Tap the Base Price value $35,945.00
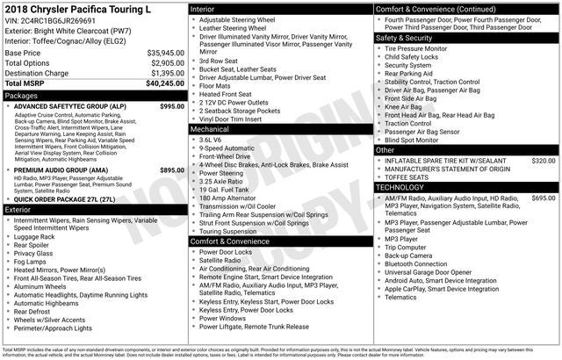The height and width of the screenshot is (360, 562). [165, 54]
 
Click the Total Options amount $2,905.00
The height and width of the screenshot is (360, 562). [167, 63]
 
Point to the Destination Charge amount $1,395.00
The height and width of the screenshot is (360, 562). [167, 73]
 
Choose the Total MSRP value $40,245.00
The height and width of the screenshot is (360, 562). [165, 83]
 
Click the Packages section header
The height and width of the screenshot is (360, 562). [22, 95]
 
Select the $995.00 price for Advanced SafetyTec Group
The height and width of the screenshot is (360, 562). [172, 106]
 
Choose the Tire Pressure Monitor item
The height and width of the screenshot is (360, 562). [421, 48]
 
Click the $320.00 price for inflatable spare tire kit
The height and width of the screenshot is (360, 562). [544, 162]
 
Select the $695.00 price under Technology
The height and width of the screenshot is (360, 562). [544, 198]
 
